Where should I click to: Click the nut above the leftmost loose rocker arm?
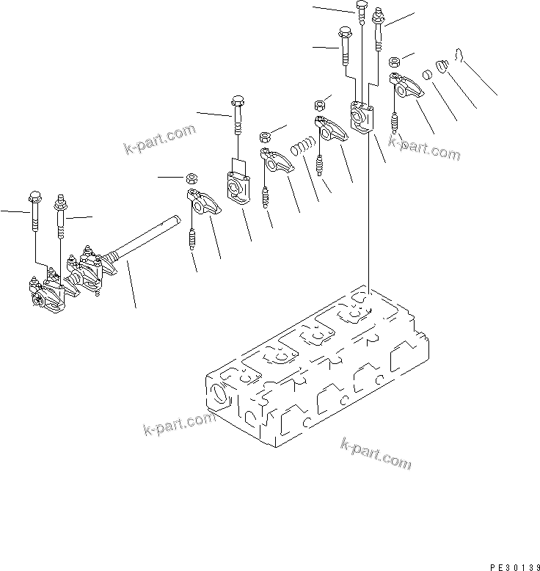coord(191,178)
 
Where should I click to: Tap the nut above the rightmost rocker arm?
coord(393,62)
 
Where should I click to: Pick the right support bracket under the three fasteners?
coord(362,118)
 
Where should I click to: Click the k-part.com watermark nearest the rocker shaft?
coord(159,139)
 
